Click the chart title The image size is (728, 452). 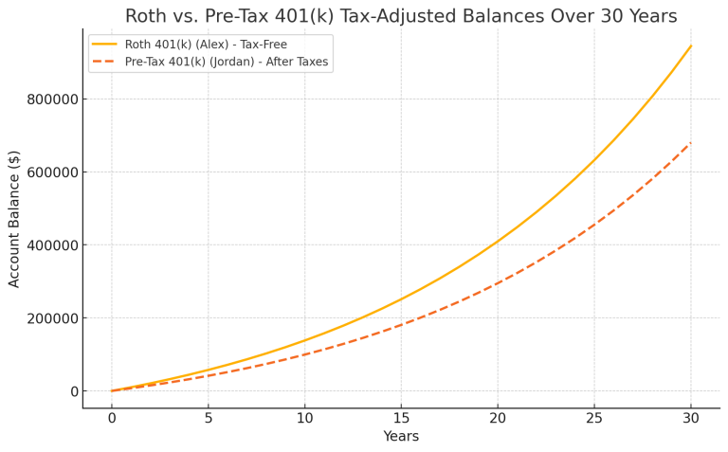pos(401,16)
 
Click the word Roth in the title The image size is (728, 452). pos(148,16)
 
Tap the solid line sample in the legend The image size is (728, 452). pos(104,45)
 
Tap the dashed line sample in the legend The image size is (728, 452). pos(104,62)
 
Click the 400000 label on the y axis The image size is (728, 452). pos(50,245)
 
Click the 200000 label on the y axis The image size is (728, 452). pos(50,318)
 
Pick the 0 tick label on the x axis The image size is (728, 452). pos(112,418)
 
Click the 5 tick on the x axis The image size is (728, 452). pos(209,418)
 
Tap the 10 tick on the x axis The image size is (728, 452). pos(304,418)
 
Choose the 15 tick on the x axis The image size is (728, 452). pos(401,418)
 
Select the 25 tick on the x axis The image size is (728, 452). pos(594,418)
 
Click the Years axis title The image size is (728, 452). pos(401,437)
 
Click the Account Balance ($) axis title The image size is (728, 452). pos(14,218)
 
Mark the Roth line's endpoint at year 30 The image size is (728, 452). pos(691,45)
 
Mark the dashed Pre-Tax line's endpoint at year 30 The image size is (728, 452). pos(691,143)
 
